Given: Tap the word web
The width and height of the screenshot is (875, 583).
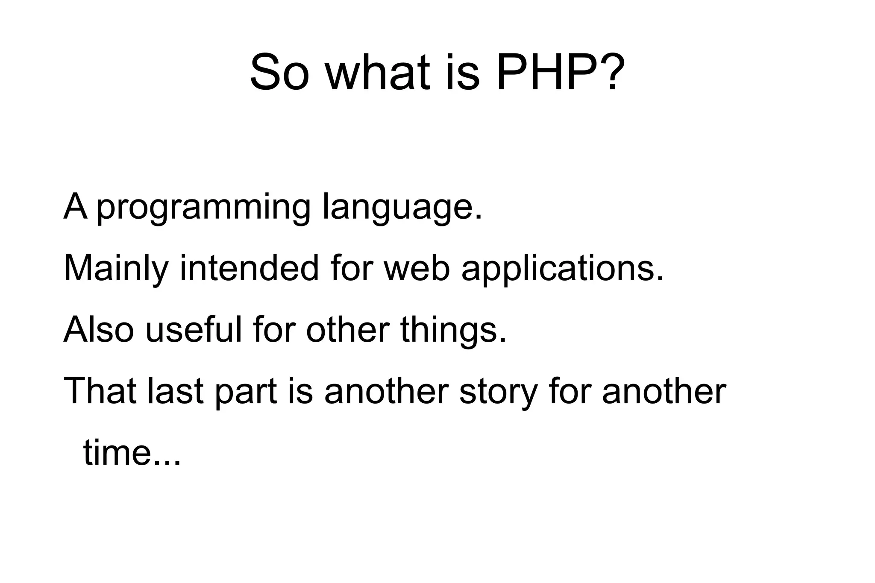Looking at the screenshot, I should pyautogui.click(x=417, y=268).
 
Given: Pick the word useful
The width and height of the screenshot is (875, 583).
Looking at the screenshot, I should pyautogui.click(x=194, y=330).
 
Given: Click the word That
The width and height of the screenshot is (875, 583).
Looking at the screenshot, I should pyautogui.click(x=100, y=391).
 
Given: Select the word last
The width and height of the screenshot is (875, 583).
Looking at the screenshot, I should pyautogui.click(x=175, y=391).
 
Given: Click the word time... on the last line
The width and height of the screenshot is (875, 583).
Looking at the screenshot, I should pyautogui.click(x=132, y=453).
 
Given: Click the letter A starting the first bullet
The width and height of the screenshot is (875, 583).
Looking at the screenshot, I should pyautogui.click(x=75, y=207).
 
